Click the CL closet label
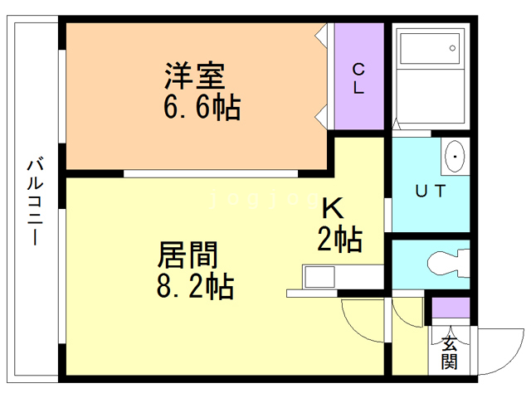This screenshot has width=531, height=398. pos(358,77)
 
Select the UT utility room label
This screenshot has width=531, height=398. pos(430,192)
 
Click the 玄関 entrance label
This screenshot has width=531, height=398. pos(449,352)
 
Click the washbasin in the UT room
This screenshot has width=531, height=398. pos(455,155)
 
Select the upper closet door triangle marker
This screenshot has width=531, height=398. pos(322,36)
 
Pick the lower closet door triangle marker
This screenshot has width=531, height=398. pos(322,115)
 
